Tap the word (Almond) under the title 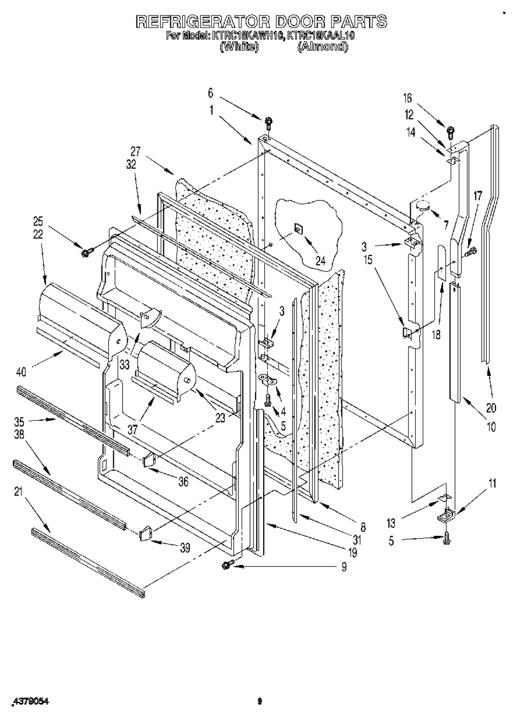323,47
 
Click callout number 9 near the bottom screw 343,566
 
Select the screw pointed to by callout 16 451,130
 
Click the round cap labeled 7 422,205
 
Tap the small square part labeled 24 298,230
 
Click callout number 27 135,152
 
